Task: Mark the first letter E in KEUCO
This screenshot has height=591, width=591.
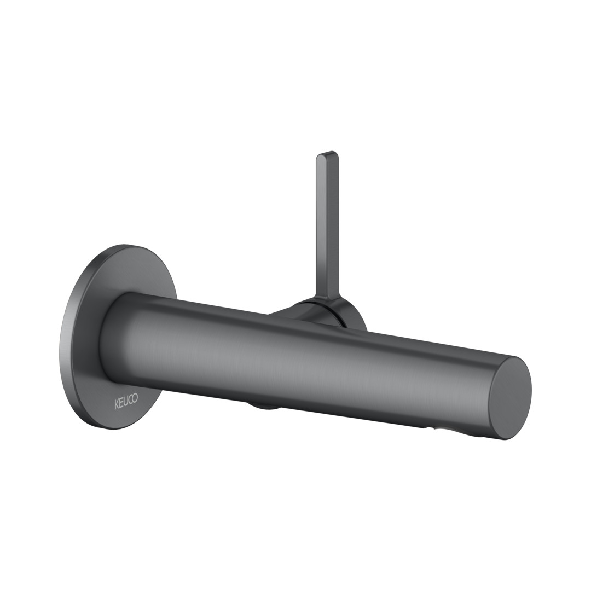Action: tap(121, 403)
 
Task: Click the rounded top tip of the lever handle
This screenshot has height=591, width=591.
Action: tap(327, 154)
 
